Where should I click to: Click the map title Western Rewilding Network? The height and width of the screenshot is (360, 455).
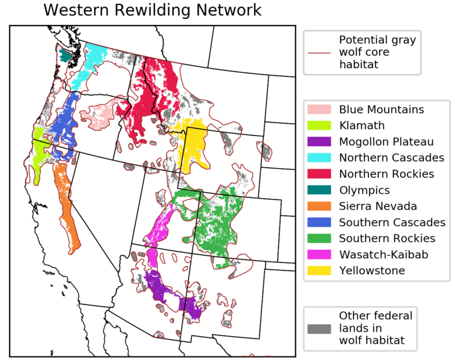152,10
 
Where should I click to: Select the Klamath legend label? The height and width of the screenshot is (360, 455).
362,126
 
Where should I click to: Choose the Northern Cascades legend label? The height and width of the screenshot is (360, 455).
391,158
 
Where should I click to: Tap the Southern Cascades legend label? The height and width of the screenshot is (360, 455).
392,223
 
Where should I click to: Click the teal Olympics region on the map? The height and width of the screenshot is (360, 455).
65,55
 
